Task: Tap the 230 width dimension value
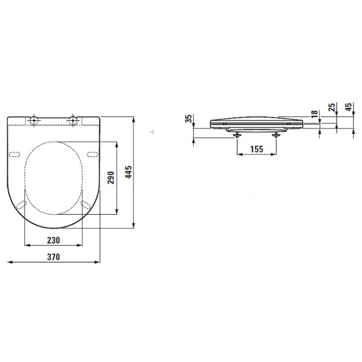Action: tap(53, 240)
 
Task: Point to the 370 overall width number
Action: tap(53, 256)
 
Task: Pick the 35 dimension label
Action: tap(188, 118)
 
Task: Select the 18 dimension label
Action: tap(314, 114)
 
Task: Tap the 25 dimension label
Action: tap(331, 109)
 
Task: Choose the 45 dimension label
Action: tap(349, 109)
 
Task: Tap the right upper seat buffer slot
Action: tap(92, 155)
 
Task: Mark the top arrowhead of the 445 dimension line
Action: tap(133, 116)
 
